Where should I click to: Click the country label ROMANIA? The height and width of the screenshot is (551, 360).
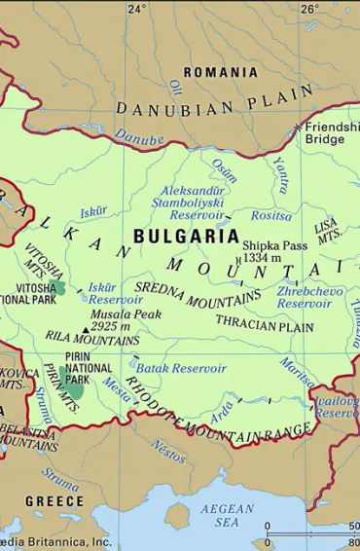pyautogui.click(x=221, y=72)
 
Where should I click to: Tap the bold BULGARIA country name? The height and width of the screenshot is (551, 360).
pyautogui.click(x=185, y=236)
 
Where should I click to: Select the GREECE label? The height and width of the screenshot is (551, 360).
pyautogui.click(x=54, y=500)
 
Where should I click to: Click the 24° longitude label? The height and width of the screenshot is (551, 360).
pyautogui.click(x=136, y=9)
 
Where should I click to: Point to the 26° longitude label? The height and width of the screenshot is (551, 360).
pyautogui.click(x=308, y=9)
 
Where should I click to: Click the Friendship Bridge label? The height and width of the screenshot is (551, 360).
pyautogui.click(x=331, y=133)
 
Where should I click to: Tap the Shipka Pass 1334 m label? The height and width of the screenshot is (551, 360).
pyautogui.click(x=275, y=251)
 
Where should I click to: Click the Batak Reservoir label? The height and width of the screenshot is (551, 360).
pyautogui.click(x=181, y=369)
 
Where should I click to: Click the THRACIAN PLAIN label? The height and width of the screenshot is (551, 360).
pyautogui.click(x=265, y=327)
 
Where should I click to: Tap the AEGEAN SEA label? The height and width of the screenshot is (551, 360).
pyautogui.click(x=227, y=515)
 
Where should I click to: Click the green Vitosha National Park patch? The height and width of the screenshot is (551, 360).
pyautogui.click(x=59, y=288)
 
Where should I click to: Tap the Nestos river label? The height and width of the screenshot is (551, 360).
pyautogui.click(x=168, y=451)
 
